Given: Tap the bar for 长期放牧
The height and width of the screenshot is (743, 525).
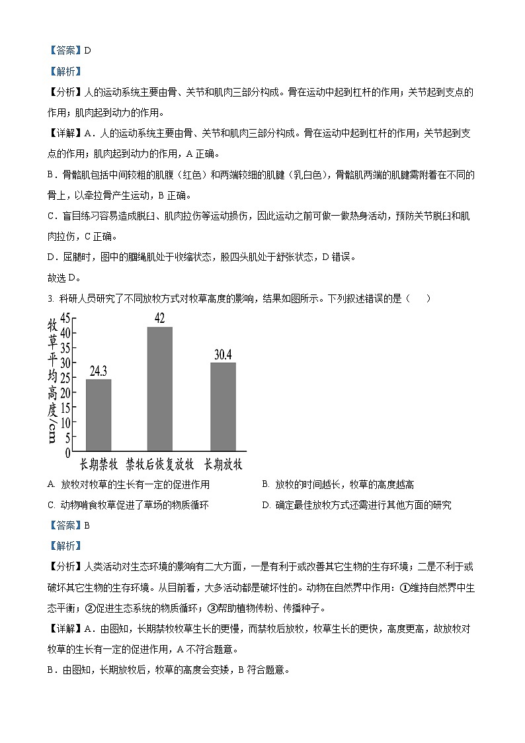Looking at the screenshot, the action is point(223,406).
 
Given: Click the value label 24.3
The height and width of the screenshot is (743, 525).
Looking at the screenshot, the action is point(99,371).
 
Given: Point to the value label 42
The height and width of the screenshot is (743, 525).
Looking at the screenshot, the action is point(159,318).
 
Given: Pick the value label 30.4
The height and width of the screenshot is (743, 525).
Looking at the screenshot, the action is point(223,355).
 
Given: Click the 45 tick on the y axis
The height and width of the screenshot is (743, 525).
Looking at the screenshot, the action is point(65,318).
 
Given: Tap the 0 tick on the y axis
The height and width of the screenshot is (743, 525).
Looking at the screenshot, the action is point(67,453).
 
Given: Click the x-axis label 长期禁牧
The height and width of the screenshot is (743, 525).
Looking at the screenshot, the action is point(99,463).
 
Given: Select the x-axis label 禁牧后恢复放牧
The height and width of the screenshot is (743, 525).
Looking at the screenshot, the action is point(159,463).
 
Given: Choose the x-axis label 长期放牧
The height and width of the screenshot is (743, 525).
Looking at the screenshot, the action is point(223,463).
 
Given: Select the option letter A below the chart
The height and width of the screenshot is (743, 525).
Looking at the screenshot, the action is point(51,485).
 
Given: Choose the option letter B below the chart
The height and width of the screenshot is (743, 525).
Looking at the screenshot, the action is point(265,485).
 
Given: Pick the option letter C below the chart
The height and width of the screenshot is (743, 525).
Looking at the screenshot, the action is point(51,505).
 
